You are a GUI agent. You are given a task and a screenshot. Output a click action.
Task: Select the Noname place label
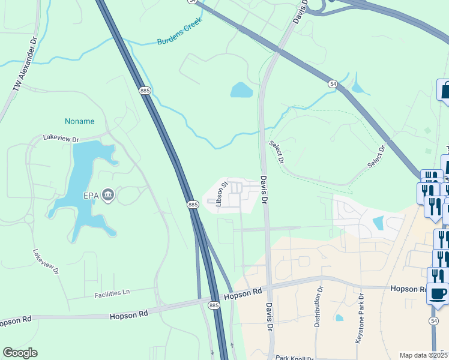pyautogui.click(x=80, y=121)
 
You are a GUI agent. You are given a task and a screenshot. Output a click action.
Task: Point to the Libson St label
pyautogui.click(x=223, y=194)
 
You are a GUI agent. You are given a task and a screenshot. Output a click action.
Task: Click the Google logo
pyautogui.click(x=20, y=353)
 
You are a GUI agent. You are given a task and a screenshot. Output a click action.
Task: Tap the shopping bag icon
pyautogui.click(x=445, y=91)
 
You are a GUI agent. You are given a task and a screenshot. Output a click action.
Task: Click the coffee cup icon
pyautogui.click(x=438, y=293)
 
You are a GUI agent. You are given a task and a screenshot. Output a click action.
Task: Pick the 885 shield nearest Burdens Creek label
pyautogui.click(x=145, y=90)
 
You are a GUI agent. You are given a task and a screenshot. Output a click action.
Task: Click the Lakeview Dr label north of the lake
pyautogui.click(x=61, y=138)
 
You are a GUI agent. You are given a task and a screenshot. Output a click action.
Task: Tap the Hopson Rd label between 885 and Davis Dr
pyautogui.click(x=243, y=294)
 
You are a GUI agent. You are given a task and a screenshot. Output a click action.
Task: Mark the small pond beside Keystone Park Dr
pyautogui.click(x=340, y=317)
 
